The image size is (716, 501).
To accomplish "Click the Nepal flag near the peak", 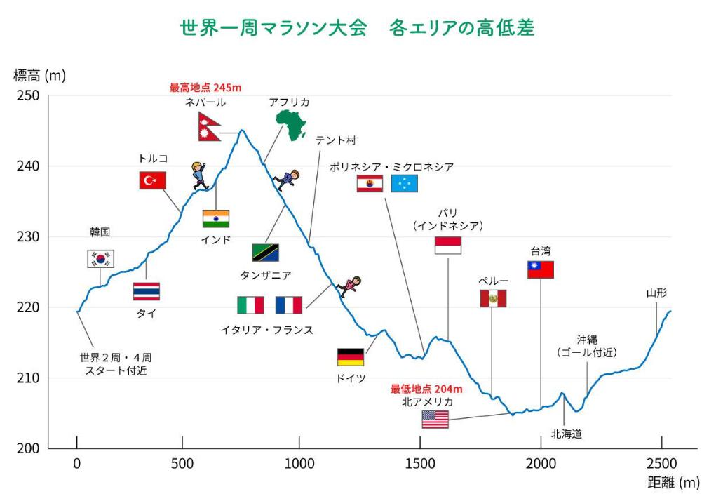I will (x=209, y=127).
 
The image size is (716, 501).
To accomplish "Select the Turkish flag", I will (x=152, y=180).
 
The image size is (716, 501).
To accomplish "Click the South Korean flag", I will (x=100, y=259).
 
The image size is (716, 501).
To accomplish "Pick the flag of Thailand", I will (x=147, y=291).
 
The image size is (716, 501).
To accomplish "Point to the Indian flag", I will (x=216, y=218).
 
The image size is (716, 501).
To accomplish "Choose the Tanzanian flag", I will (x=266, y=253).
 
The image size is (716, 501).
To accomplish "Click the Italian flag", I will (x=250, y=305).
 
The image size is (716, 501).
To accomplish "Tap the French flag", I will (x=289, y=305).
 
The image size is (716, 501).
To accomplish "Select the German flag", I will (x=351, y=357).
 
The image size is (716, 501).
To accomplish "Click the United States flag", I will (x=435, y=420).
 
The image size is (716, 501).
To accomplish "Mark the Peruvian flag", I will (x=493, y=298).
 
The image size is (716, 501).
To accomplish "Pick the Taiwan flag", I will (x=541, y=269).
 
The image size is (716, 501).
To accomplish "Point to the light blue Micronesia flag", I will (x=404, y=184).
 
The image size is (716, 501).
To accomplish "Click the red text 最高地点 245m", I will (x=205, y=88).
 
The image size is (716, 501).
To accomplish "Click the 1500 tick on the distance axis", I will (x=420, y=463).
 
